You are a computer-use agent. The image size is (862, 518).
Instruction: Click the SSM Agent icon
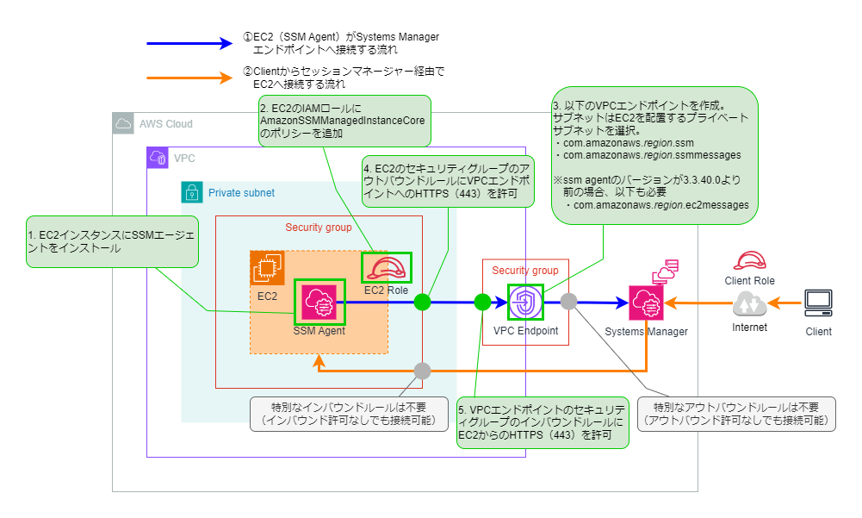point(319,302)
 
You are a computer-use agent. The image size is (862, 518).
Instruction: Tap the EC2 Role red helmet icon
point(386,267)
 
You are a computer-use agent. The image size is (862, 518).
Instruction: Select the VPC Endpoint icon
point(526,303)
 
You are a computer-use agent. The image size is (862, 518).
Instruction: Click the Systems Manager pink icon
point(646,303)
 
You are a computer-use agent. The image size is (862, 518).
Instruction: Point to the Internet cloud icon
point(749,304)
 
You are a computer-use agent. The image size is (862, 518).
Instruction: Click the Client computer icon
point(818,303)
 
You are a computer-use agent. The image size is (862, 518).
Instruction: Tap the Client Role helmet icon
point(749,261)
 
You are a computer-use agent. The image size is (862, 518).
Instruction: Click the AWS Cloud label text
point(166,124)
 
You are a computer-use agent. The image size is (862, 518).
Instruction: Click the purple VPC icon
point(158,158)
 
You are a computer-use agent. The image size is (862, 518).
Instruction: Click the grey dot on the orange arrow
point(422,371)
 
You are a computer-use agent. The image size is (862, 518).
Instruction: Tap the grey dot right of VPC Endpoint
point(569,302)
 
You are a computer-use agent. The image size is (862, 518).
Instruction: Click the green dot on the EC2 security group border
point(422,302)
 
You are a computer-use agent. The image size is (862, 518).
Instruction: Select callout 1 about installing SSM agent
point(112,241)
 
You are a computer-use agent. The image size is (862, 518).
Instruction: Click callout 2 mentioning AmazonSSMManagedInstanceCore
point(343,122)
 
